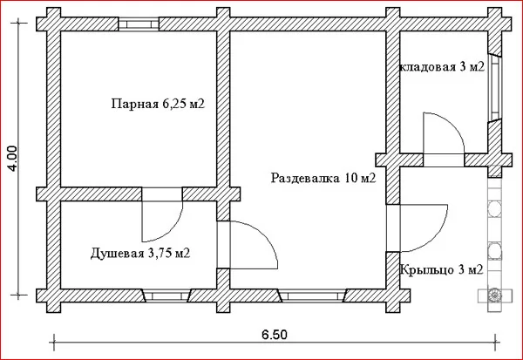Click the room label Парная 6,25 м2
coord(158,104)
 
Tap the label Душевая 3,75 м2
coord(140,254)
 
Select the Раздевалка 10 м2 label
coord(323,178)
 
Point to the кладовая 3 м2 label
coord(442,67)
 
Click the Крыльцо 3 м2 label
coord(441,269)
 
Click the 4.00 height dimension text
coord(13,159)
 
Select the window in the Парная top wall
coord(139,24)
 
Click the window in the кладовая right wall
coord(494,87)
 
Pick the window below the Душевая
coord(166,295)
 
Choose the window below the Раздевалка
coord(313,295)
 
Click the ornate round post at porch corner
coord(494,295)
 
